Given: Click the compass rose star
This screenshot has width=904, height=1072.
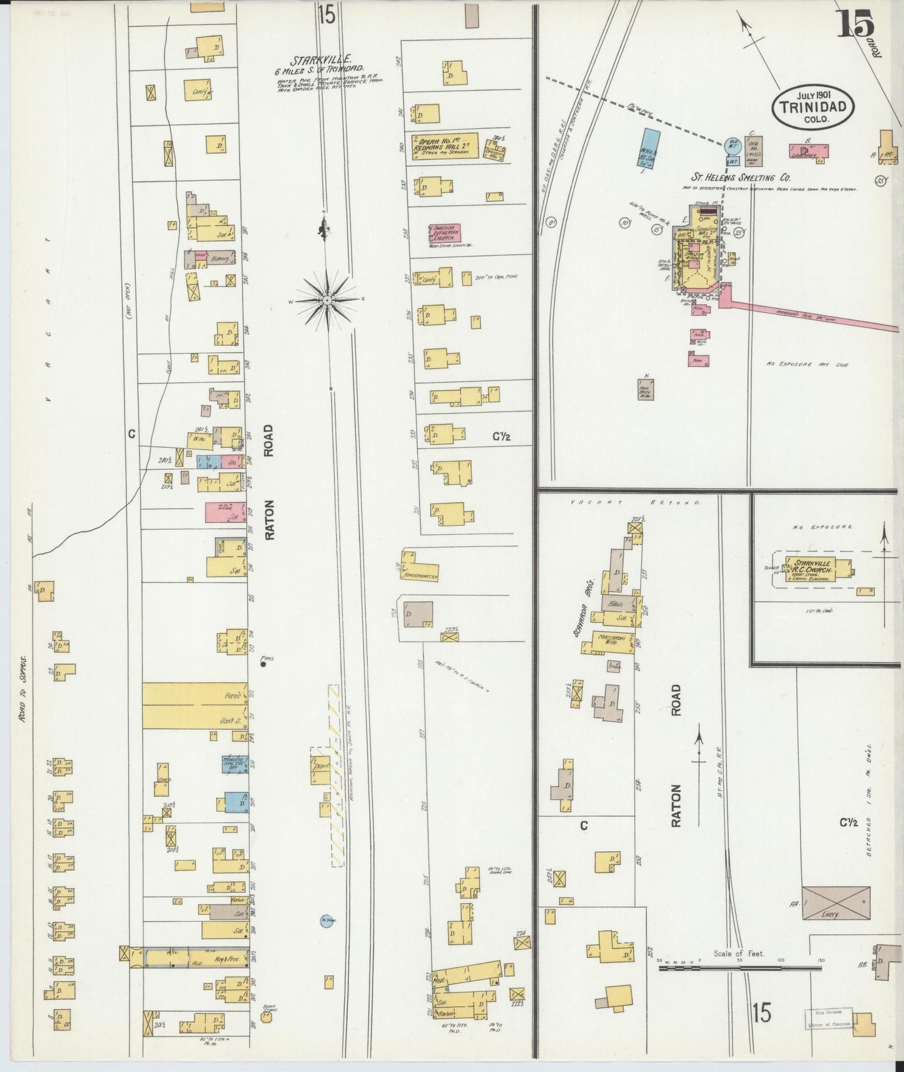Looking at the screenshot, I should coord(327,300).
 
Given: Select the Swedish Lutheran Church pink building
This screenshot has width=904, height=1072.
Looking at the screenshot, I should coord(444,233).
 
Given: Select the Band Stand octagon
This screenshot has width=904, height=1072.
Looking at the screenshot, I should coord(268,1016).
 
